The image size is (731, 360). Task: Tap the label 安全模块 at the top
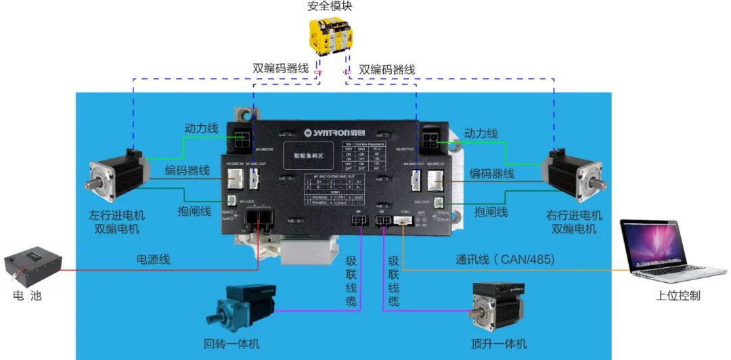pyautogui.click(x=330, y=6)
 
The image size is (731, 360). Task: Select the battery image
pyautogui.click(x=32, y=270)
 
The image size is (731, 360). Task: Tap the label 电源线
pyautogui.click(x=154, y=259)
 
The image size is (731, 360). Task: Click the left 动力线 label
pyautogui.click(x=200, y=128)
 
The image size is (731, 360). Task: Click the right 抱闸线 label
pyautogui.click(x=491, y=211)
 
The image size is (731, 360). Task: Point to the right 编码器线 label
pyautogui.click(x=491, y=174)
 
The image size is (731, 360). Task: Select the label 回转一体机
pyautogui.click(x=231, y=344)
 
